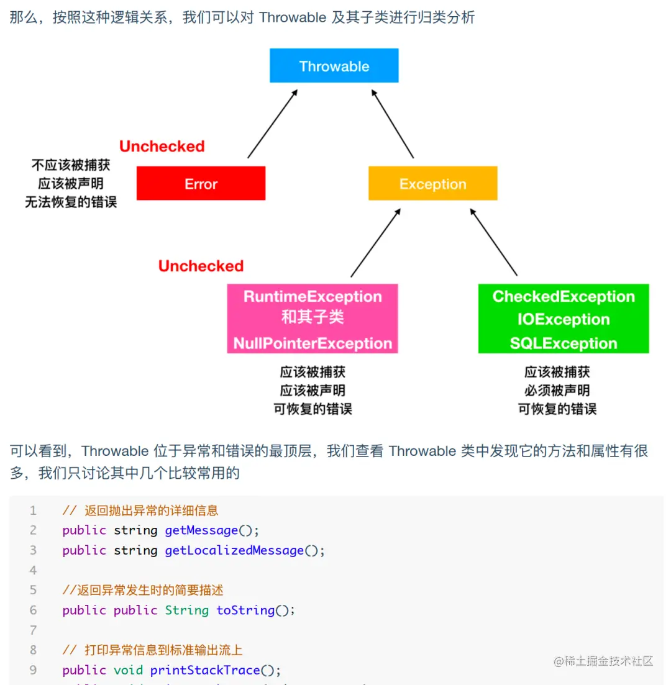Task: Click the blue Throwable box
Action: click(x=334, y=66)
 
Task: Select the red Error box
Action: click(x=201, y=183)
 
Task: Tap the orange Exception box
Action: click(x=432, y=183)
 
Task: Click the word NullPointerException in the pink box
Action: click(x=313, y=343)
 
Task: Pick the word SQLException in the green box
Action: click(x=563, y=343)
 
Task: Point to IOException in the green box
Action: click(x=563, y=319)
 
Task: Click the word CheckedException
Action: click(x=563, y=296)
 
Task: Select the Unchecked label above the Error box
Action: click(x=162, y=147)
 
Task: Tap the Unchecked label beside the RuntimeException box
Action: click(x=201, y=266)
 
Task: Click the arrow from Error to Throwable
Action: click(x=272, y=124)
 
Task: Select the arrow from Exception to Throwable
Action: click(x=393, y=124)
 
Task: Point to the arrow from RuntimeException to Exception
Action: click(x=375, y=243)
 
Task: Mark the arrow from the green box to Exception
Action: click(x=493, y=243)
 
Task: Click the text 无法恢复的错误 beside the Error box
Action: click(x=70, y=202)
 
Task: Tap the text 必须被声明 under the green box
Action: click(x=557, y=391)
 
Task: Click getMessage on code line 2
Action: click(x=201, y=530)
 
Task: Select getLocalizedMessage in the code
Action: click(x=234, y=550)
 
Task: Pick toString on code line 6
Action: click(x=245, y=610)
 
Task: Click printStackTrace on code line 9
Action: click(x=205, y=670)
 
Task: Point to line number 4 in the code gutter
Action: click(x=33, y=570)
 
